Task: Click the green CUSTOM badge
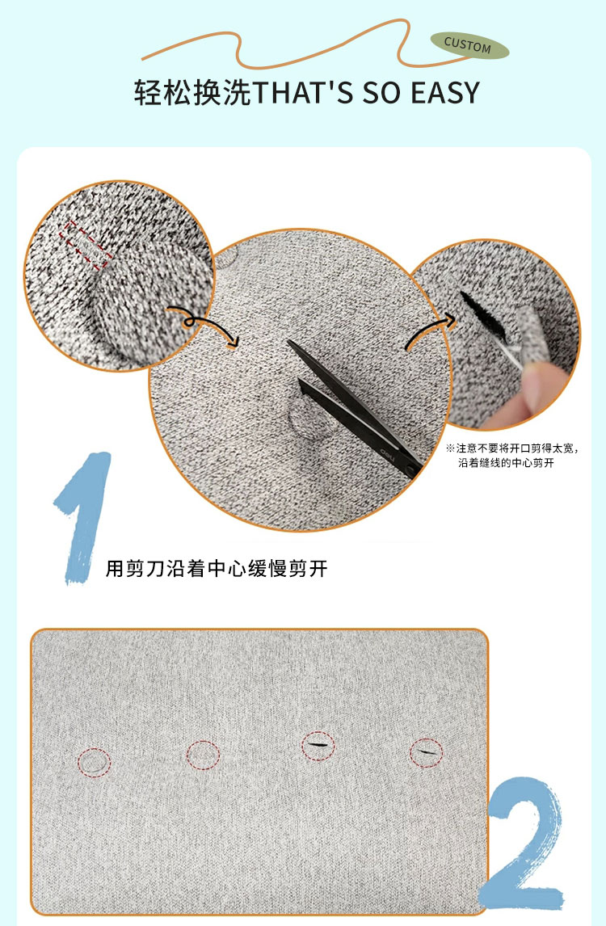tap(469, 45)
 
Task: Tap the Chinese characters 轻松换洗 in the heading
tap(192, 93)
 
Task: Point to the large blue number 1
tap(84, 518)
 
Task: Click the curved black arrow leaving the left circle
tap(204, 324)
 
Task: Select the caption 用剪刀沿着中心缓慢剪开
tap(217, 569)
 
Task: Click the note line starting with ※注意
tap(512, 448)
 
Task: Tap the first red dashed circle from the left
tap(95, 762)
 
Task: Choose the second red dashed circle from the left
tap(203, 755)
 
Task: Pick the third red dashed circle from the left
tap(318, 745)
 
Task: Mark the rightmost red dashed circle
tap(426, 753)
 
